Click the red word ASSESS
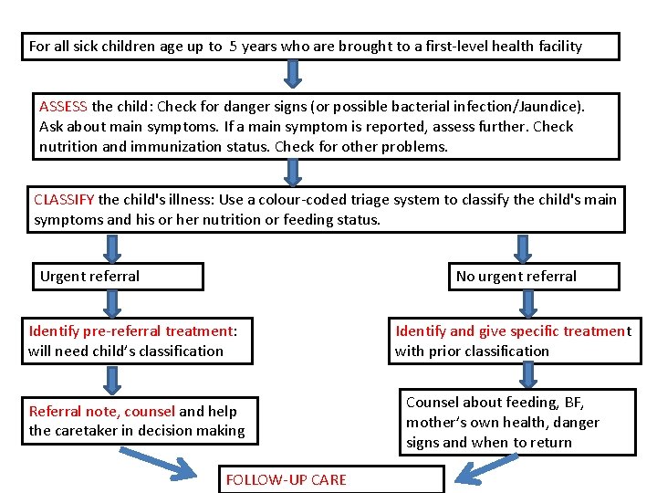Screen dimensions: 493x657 point(64,106)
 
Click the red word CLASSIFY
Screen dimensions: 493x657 point(64,200)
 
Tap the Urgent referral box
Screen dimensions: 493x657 point(118,277)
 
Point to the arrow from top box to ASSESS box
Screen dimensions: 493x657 point(293,73)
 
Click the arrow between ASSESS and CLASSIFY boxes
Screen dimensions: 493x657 point(293,172)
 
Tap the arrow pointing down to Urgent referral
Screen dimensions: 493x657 point(112,247)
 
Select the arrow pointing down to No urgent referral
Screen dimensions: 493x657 point(524,247)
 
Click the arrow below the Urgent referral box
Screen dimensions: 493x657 point(112,302)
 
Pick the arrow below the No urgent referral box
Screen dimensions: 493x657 point(528,302)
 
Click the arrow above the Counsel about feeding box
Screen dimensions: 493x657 point(528,373)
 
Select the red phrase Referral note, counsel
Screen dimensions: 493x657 point(102,412)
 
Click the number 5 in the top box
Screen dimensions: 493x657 point(234,46)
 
